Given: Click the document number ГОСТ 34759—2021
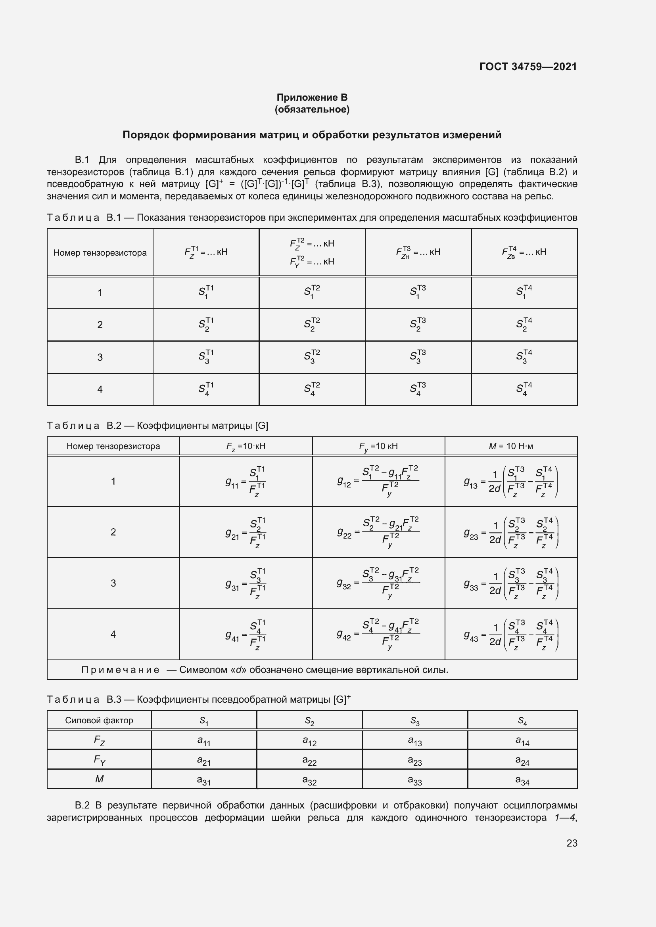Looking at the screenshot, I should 528,67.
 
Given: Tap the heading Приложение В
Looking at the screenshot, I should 312,97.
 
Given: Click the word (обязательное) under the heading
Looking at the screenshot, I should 312,109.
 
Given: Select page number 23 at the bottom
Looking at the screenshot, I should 572,843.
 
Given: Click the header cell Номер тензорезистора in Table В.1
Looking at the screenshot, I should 100,253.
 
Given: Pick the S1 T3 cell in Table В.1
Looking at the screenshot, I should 418,292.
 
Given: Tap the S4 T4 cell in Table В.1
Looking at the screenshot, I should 524,389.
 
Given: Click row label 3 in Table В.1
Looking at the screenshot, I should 100,357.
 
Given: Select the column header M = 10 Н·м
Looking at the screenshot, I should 510,446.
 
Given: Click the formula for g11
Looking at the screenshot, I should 246,482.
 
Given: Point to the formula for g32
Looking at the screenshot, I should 378,583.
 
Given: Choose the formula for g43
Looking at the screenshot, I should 510,635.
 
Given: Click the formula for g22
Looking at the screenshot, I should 378,533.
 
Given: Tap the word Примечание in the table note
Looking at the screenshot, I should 121,670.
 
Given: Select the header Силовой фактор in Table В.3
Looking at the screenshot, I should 99,721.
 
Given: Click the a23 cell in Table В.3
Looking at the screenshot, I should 415,761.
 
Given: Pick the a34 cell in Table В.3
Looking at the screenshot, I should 522,780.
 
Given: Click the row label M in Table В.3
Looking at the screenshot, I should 99,779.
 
